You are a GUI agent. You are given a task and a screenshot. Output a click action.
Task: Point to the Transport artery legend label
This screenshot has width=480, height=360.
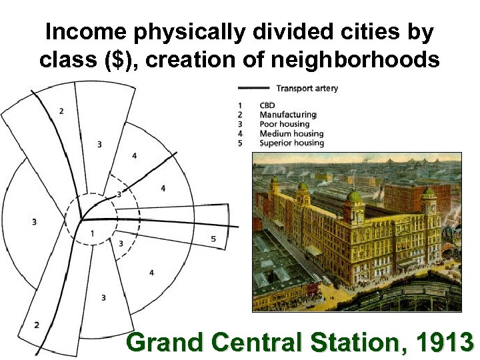point(307,88)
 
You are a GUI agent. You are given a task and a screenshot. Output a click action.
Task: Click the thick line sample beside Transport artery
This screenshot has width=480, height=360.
point(253,87)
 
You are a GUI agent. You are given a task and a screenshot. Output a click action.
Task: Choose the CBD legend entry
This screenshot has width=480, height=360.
point(267,105)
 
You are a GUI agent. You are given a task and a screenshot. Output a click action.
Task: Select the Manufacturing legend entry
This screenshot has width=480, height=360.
point(287,115)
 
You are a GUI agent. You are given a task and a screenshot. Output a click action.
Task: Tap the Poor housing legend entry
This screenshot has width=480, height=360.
point(285,124)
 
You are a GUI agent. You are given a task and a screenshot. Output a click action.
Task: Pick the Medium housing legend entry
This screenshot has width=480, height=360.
point(291,133)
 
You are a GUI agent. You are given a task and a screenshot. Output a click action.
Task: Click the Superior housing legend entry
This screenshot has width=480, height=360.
point(291,143)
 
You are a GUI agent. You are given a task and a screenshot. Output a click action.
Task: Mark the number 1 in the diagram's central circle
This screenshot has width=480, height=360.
point(92,233)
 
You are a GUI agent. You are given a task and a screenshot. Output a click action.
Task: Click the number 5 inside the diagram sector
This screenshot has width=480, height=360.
point(213,239)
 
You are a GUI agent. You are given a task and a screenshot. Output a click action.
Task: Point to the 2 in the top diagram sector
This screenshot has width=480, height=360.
point(61,111)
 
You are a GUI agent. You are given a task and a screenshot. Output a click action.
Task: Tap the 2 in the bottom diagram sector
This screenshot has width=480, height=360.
point(36,325)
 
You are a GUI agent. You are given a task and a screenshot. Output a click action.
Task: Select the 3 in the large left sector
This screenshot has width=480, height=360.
point(34,221)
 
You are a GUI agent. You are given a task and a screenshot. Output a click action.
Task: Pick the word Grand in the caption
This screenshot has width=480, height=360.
point(161,342)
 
